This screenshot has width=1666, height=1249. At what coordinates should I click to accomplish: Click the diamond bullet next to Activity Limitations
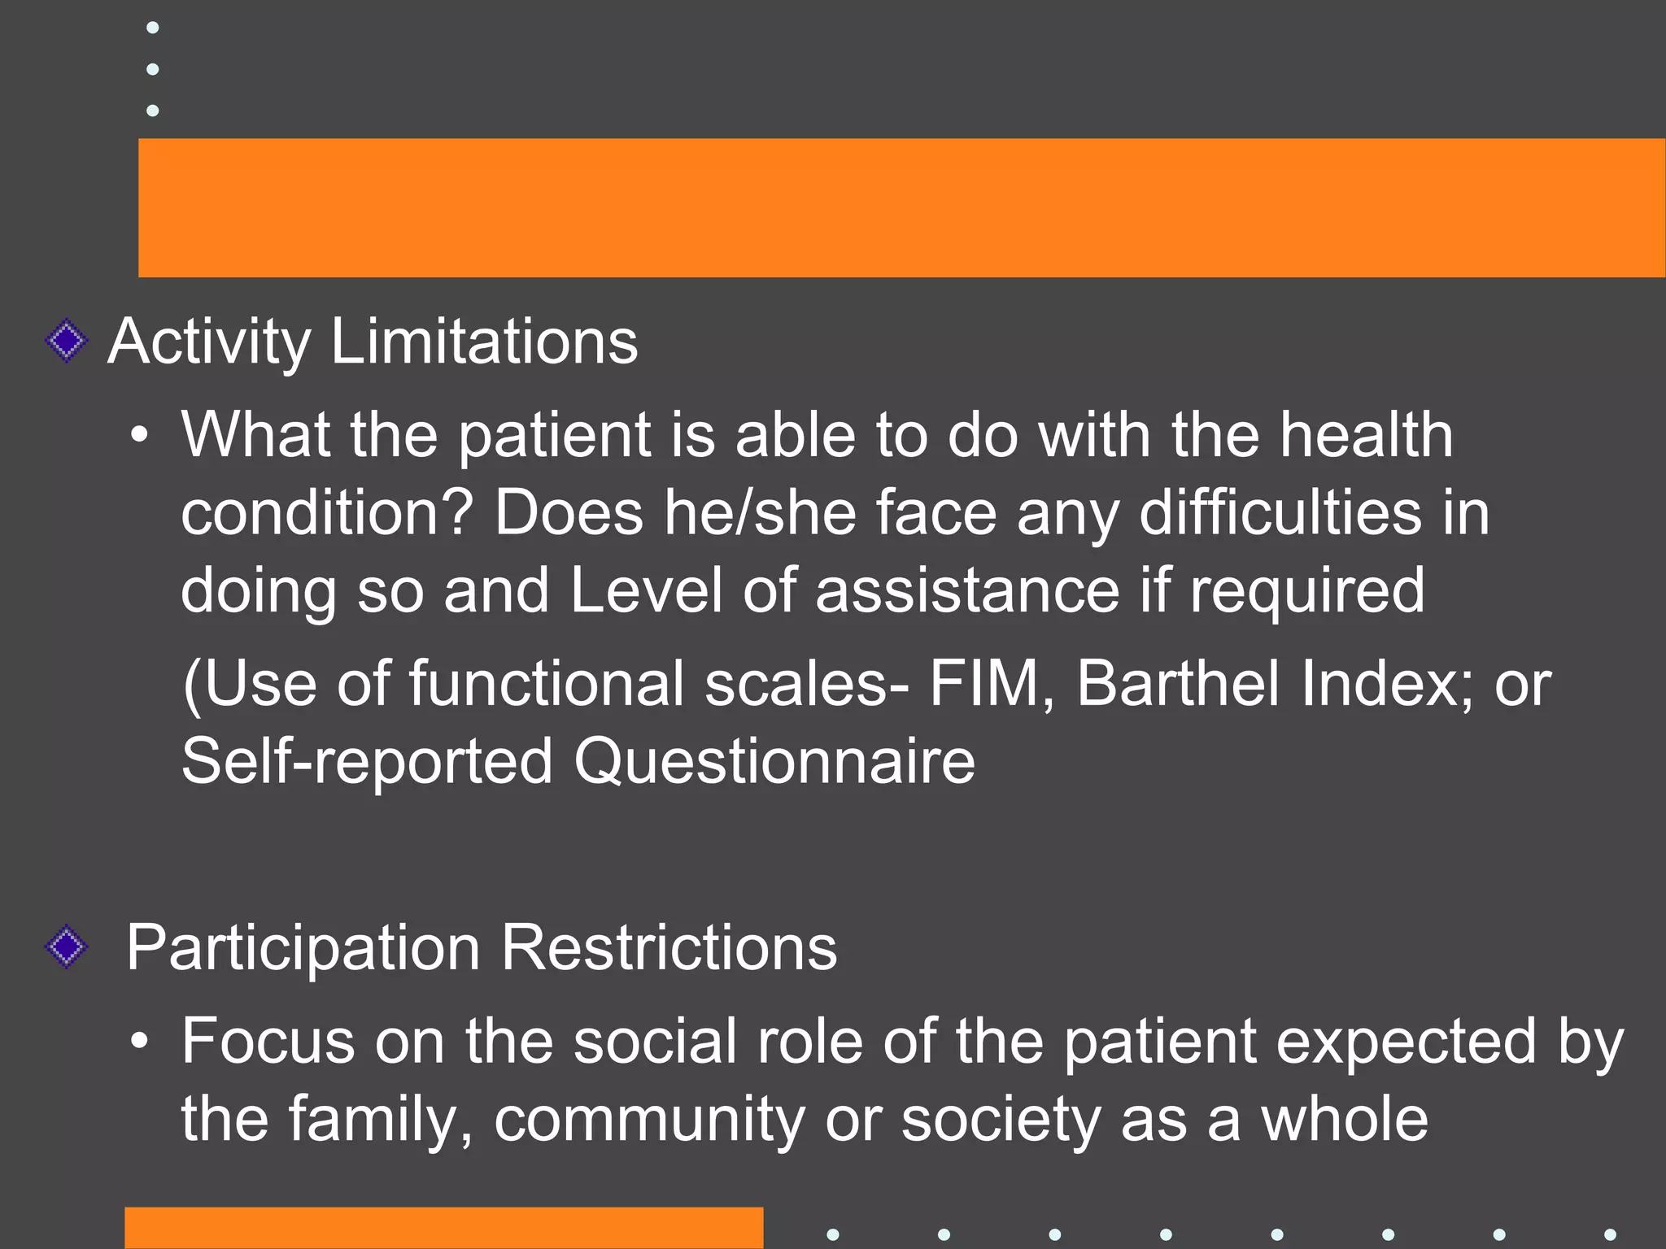[x=67, y=341]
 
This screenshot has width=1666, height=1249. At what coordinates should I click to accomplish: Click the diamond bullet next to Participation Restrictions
[x=67, y=947]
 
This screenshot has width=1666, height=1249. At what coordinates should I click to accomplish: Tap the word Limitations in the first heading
[x=484, y=342]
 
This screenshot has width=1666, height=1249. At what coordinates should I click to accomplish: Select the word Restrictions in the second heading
[x=669, y=947]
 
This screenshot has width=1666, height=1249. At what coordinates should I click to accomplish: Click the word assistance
[x=967, y=590]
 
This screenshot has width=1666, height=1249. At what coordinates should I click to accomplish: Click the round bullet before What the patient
[x=140, y=436]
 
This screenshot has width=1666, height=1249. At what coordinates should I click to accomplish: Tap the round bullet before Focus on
[x=140, y=1042]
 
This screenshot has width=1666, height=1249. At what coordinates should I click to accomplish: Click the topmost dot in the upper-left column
[x=152, y=28]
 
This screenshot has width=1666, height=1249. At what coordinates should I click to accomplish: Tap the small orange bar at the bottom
[x=443, y=1228]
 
